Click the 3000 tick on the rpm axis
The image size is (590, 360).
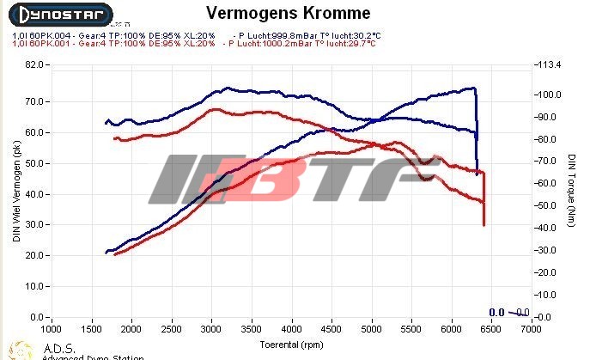click(x=211, y=329)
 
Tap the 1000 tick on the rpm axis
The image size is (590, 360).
click(x=52, y=329)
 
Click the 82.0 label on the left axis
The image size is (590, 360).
click(x=34, y=64)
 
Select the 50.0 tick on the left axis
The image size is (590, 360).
click(x=34, y=163)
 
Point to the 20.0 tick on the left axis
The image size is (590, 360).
click(x=34, y=256)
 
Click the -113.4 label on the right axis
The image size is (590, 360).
click(x=547, y=64)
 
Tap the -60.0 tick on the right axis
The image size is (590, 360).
click(x=544, y=183)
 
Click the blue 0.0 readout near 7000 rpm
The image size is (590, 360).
click(x=496, y=312)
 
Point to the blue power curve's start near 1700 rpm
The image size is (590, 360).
click(x=106, y=252)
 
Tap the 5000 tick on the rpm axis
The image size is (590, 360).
click(x=371, y=329)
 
